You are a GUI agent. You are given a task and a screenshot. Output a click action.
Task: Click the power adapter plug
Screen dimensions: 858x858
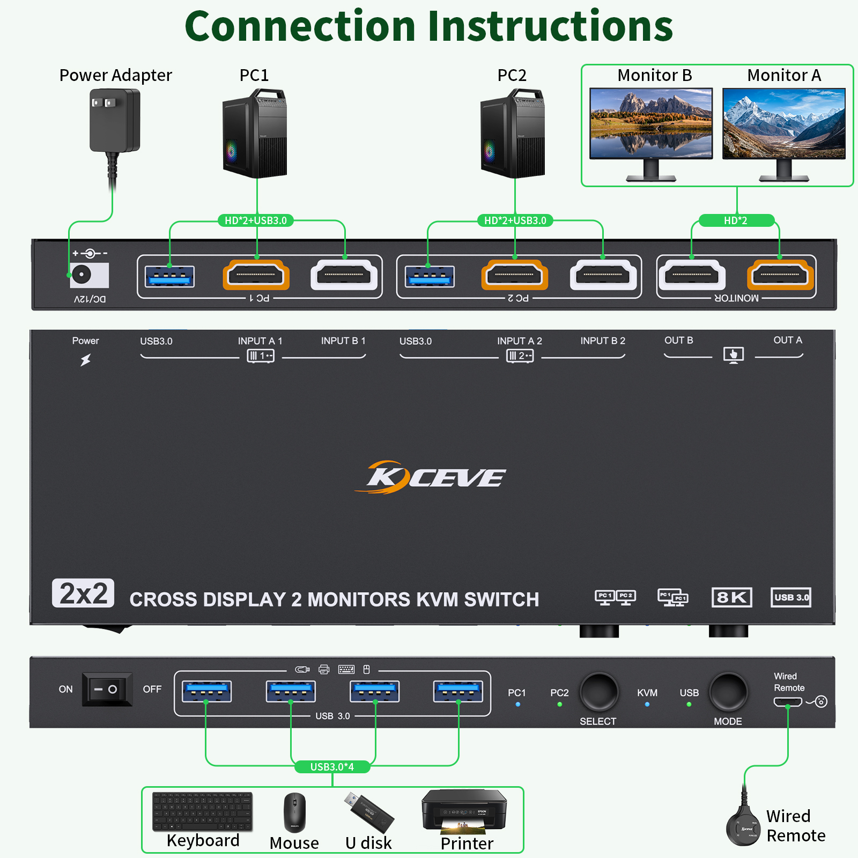tap(114, 121)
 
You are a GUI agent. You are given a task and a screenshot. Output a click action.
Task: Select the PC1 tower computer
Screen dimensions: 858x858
tap(255, 134)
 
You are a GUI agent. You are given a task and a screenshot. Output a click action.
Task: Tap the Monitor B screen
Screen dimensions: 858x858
tap(651, 123)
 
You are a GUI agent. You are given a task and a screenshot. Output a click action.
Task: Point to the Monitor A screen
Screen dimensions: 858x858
tap(783, 123)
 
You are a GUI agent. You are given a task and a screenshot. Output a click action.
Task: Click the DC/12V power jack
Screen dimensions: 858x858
tap(82, 275)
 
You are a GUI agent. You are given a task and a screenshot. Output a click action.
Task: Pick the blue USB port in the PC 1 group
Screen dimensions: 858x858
tap(169, 277)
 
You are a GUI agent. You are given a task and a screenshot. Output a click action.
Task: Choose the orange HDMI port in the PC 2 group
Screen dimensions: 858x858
tap(515, 275)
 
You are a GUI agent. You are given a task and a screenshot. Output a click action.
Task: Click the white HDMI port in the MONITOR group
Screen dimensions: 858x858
tap(692, 275)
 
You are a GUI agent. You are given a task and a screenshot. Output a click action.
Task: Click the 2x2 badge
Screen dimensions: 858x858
tap(83, 593)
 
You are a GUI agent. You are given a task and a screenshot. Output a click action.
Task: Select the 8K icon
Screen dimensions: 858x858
tap(731, 597)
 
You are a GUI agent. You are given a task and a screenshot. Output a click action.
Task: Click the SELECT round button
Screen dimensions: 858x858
tap(598, 692)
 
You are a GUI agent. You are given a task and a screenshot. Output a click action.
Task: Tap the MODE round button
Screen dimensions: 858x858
tap(728, 692)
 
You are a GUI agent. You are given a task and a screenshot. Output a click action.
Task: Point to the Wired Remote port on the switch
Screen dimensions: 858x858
tap(787, 702)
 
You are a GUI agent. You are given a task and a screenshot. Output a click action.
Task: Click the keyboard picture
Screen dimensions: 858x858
tap(203, 811)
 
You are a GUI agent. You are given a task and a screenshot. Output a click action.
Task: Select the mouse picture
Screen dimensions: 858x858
tap(294, 813)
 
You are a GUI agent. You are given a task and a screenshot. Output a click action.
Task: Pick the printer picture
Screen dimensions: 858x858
tap(464, 811)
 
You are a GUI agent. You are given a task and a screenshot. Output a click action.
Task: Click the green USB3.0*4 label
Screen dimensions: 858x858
tap(332, 767)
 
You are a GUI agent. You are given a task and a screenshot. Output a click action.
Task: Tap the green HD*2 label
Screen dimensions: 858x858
tap(736, 220)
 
